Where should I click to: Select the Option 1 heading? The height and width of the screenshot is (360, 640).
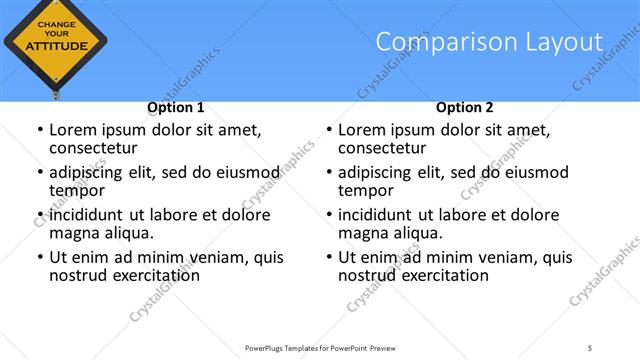point(176,107)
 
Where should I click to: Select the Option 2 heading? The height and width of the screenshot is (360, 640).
point(464,107)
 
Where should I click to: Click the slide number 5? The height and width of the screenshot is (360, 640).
point(590,347)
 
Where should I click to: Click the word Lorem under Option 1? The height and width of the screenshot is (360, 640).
point(74,129)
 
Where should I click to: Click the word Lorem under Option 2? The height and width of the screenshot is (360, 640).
point(363,129)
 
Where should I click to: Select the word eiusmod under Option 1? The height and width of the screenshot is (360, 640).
point(247,172)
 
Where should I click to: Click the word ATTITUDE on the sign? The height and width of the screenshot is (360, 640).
point(55,45)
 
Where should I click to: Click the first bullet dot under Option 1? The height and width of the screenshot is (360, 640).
point(38,130)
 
